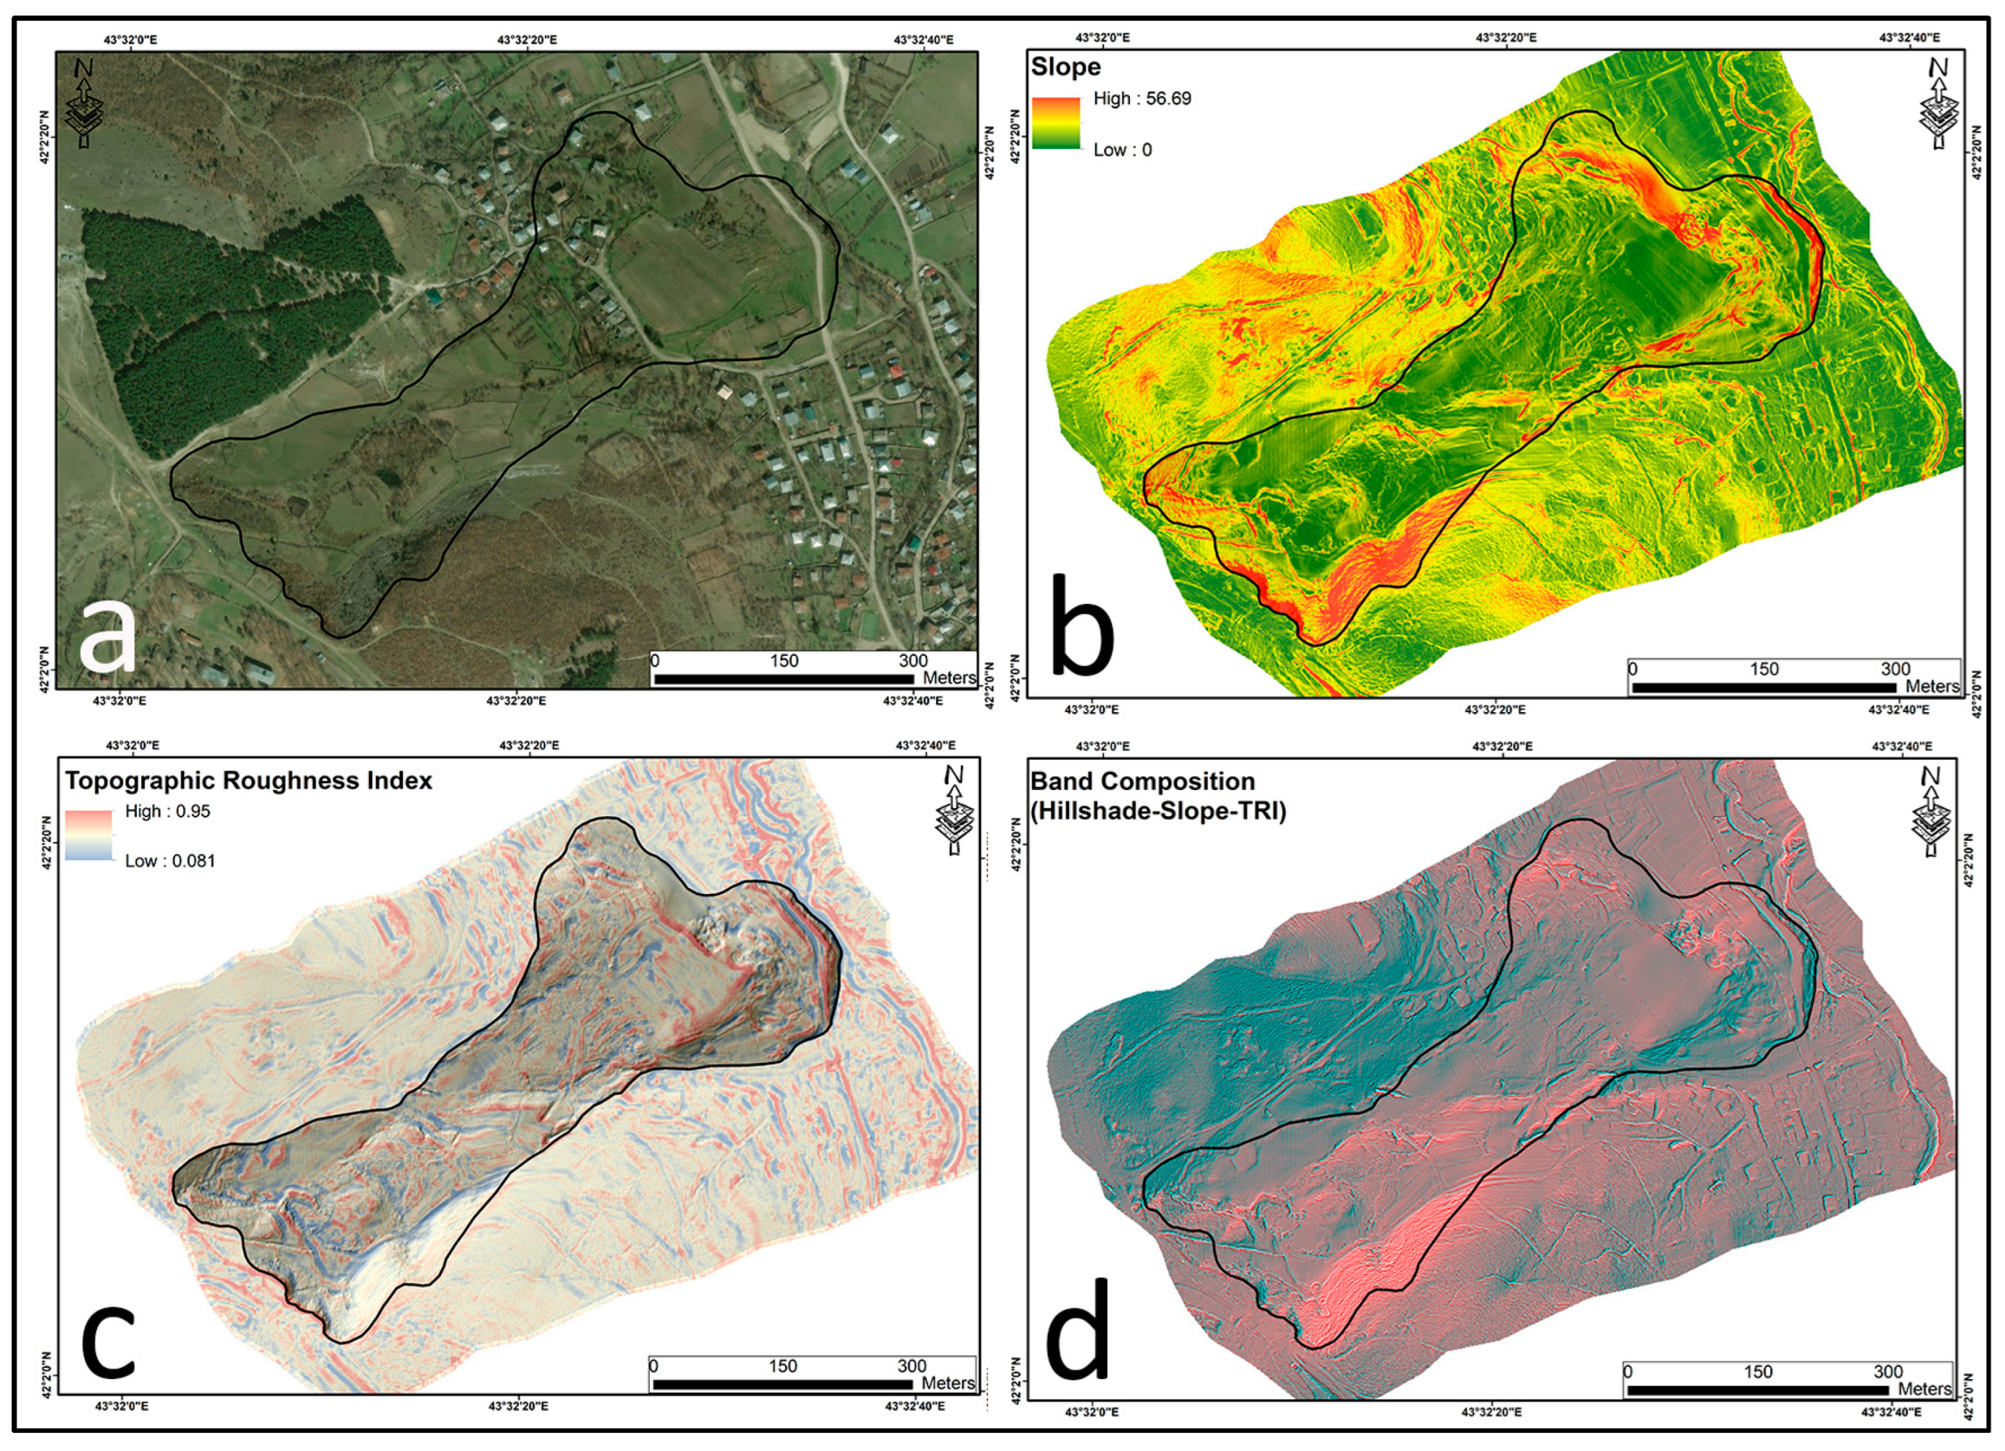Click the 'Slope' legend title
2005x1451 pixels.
coord(1065,67)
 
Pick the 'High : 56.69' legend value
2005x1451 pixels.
coord(1142,98)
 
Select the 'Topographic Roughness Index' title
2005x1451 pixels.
coord(249,781)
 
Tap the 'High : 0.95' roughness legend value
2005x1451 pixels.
coord(167,811)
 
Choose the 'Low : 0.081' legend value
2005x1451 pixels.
coord(170,861)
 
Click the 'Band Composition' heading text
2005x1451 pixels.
coord(1142,781)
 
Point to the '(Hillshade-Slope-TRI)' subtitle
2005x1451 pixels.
coord(1158,810)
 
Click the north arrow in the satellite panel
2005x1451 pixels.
coord(85,102)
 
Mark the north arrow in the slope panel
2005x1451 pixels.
coord(1938,102)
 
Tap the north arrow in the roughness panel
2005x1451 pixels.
coord(954,809)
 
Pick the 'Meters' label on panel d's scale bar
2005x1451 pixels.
coord(1924,1389)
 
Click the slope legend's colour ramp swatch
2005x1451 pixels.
coord(1056,123)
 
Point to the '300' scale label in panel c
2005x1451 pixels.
coord(912,1366)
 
